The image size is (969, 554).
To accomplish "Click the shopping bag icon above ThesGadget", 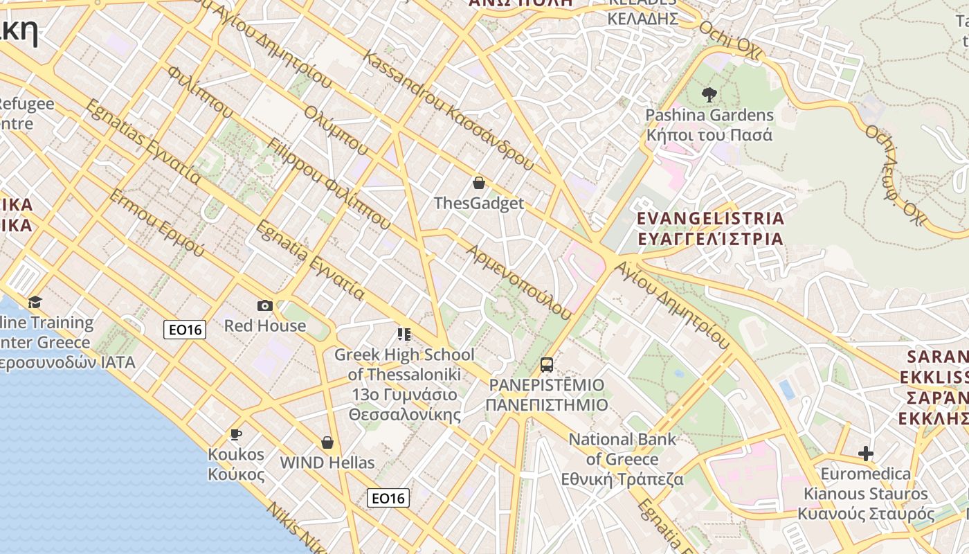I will coord(478,183).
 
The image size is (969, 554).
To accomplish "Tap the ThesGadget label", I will coord(479,204).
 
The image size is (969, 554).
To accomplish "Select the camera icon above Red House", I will coord(264,305).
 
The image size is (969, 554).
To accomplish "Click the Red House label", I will coord(265,325).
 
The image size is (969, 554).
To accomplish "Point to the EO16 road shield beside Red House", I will coord(185,330).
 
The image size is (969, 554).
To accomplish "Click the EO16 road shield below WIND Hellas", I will coord(388,498).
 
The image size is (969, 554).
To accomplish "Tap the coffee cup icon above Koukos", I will coord(236,434).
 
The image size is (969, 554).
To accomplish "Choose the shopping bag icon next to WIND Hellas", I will coord(327,443).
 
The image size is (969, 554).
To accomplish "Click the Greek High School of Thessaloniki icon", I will coord(404,335).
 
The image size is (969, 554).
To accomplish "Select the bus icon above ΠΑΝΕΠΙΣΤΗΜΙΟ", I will coord(547,364).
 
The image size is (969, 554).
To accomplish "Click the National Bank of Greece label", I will coord(622,459).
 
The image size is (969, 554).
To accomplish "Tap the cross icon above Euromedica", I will coord(865,454).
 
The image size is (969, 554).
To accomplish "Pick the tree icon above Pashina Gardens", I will coord(709,95).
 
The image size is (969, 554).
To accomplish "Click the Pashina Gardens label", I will coord(709,125).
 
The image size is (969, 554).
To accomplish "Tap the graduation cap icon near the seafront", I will coord(35,302).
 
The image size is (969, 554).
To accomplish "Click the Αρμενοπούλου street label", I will coord(519,281).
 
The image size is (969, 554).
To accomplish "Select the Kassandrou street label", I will coord(449,111).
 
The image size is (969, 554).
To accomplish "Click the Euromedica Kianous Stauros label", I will coord(866,494).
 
